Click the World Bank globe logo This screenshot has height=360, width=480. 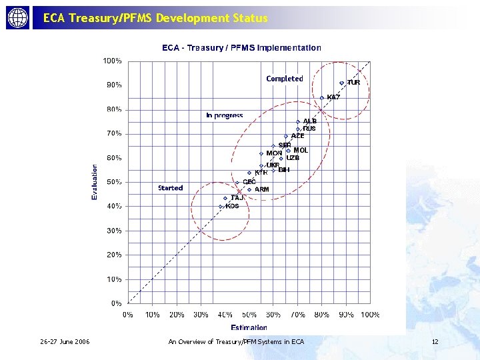pos(18,18)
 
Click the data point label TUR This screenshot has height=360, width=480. pos(353,83)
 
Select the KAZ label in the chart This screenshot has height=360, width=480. pos(333,97)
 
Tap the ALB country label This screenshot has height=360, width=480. pos(310,121)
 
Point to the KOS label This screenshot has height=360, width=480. pos(232,206)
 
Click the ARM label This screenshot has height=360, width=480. pos(262,189)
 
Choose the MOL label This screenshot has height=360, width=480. pos(301,150)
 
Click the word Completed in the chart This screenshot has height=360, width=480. pos(285,79)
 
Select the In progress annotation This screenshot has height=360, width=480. pos(225,115)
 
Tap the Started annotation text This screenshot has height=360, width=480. pos(171,188)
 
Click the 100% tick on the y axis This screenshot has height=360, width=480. pos(112,61)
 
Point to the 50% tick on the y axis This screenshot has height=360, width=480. pos(114,182)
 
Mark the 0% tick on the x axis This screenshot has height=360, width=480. pos(127,314)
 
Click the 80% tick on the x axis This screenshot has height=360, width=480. pos(321,314)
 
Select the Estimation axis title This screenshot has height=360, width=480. pos(249,327)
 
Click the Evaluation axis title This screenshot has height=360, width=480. pos(95,182)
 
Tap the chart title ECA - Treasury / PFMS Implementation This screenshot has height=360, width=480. pos(242,48)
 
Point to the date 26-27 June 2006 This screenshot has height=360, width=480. pos(65,342)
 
